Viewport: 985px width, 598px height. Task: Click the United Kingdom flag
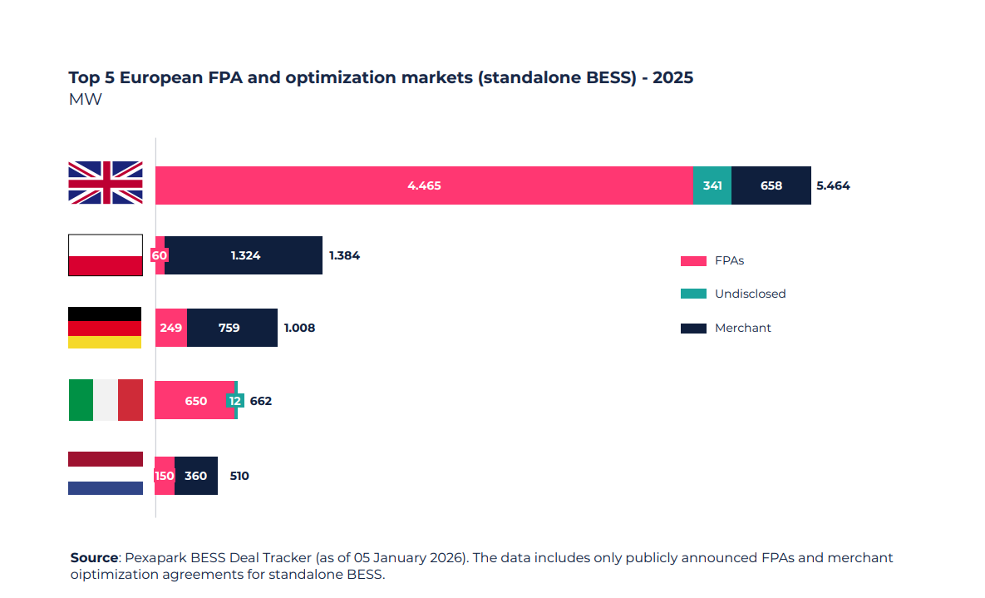tap(105, 183)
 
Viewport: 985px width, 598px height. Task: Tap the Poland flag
tap(105, 255)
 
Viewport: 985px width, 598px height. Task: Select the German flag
tap(105, 328)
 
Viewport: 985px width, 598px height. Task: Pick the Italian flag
tap(105, 400)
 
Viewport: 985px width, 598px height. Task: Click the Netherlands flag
tap(105, 473)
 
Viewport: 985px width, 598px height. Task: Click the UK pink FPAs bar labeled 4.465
tap(424, 185)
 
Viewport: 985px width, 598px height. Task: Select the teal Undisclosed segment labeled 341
tap(712, 185)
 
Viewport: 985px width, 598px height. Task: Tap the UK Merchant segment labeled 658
tap(771, 185)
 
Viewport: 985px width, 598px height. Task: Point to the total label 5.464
tap(833, 185)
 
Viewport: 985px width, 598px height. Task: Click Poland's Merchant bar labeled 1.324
tap(245, 255)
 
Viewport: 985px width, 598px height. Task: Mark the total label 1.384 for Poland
tap(344, 255)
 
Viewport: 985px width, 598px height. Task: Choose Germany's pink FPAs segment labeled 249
tap(171, 328)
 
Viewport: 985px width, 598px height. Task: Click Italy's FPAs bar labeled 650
tap(195, 401)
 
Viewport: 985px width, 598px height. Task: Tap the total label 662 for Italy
tap(261, 401)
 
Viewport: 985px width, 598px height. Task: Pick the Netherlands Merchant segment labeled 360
tap(196, 476)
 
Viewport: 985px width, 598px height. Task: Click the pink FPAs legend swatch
tap(692, 260)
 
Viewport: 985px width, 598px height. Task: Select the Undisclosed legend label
tap(750, 294)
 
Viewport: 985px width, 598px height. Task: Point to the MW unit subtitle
tap(85, 100)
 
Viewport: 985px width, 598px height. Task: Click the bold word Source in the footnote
tap(94, 557)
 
